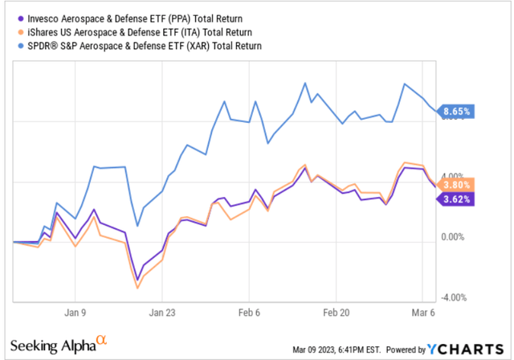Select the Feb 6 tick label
pos(250,311)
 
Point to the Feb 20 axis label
pos(338,311)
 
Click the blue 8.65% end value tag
pos(457,111)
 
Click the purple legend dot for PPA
pos(17,15)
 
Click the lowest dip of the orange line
pos(137,288)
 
